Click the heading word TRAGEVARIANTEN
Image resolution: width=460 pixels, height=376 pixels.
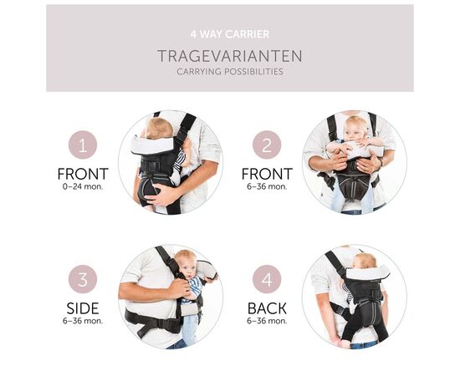[230, 56]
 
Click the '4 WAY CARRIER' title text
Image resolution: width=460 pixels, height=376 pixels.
[230, 34]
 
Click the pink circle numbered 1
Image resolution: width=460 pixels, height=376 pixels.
[83, 145]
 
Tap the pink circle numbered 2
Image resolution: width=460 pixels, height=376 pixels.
[267, 145]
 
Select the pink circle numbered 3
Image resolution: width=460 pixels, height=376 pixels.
[83, 279]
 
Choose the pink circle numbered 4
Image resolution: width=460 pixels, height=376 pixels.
[267, 279]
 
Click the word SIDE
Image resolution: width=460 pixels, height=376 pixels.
[83, 308]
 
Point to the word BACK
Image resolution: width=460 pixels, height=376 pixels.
[267, 308]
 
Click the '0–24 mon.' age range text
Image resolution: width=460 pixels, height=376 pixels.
[83, 186]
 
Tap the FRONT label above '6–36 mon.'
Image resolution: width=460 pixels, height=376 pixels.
[267, 174]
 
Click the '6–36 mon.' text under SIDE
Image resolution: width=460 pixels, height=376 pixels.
[83, 321]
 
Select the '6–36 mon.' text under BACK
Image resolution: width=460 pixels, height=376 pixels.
[267, 321]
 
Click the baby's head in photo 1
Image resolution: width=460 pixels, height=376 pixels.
[158, 128]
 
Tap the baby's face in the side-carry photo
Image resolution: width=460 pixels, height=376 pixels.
[187, 268]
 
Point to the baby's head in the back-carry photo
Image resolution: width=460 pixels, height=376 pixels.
[365, 262]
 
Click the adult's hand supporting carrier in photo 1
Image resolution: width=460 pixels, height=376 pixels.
[162, 195]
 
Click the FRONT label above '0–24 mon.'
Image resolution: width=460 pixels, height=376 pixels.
[83, 174]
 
